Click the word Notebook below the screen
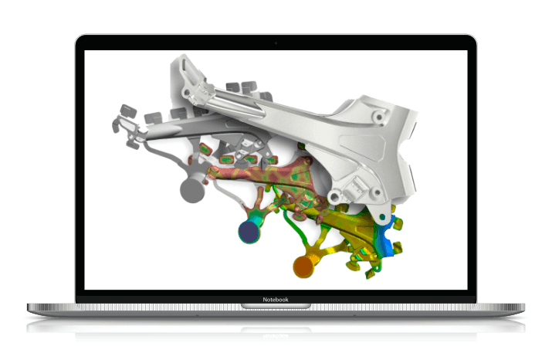pos(276,300)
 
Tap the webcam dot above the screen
pos(276,43)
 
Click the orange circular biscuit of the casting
pos(304,267)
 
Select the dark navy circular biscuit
pos(249,232)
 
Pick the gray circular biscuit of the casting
pos(192,190)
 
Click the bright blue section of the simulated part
pos(387,236)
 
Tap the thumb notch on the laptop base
pos(276,306)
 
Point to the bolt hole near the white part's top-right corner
pos(379,117)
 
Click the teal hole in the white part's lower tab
pos(382,216)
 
